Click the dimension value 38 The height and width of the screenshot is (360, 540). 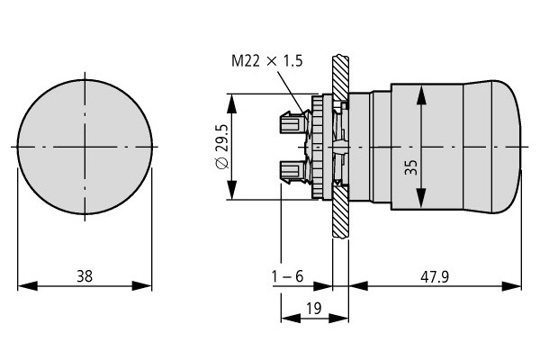[85, 276]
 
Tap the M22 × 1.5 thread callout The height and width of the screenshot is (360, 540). [267, 60]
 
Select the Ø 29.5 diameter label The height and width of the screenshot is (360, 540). [222, 147]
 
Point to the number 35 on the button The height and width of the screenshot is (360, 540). [411, 167]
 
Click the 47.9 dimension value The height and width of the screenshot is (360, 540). [435, 276]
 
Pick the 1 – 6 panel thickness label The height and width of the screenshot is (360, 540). [288, 276]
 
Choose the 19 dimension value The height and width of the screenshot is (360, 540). [313, 309]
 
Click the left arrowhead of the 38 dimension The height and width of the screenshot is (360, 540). [27, 285]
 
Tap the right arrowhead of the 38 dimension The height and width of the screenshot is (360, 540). [142, 285]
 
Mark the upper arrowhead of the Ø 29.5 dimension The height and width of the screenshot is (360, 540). [232, 103]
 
